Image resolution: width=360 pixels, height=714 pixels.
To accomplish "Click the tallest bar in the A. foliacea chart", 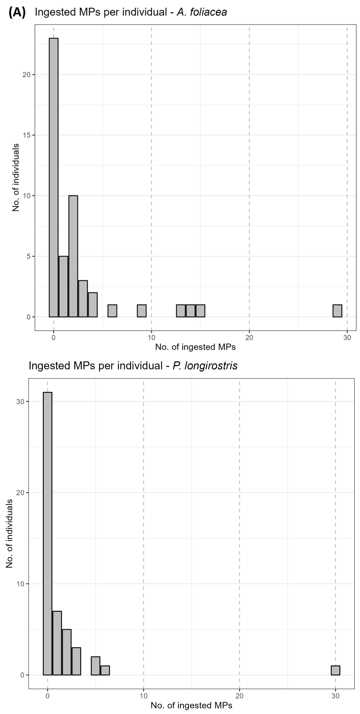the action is (53, 177).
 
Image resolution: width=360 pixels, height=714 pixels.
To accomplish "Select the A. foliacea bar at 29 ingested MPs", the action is (337, 311).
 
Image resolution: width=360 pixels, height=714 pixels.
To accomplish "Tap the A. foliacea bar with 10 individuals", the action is (73, 256).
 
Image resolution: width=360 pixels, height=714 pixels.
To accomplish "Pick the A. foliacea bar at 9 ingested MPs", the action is (142, 311).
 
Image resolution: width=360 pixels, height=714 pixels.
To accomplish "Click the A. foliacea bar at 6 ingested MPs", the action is (112, 311).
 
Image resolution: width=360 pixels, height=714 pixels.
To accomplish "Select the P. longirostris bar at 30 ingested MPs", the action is (335, 670).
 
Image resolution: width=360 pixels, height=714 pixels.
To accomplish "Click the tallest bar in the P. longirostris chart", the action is (47, 534).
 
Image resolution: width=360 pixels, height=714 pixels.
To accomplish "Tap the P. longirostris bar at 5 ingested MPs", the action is (95, 666).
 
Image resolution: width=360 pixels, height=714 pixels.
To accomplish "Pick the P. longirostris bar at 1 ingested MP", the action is (57, 643).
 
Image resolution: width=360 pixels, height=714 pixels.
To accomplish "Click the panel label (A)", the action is (17, 12).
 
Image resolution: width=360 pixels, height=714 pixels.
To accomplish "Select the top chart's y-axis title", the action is (16, 177).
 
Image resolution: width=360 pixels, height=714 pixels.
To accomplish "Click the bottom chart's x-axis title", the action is (191, 705).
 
